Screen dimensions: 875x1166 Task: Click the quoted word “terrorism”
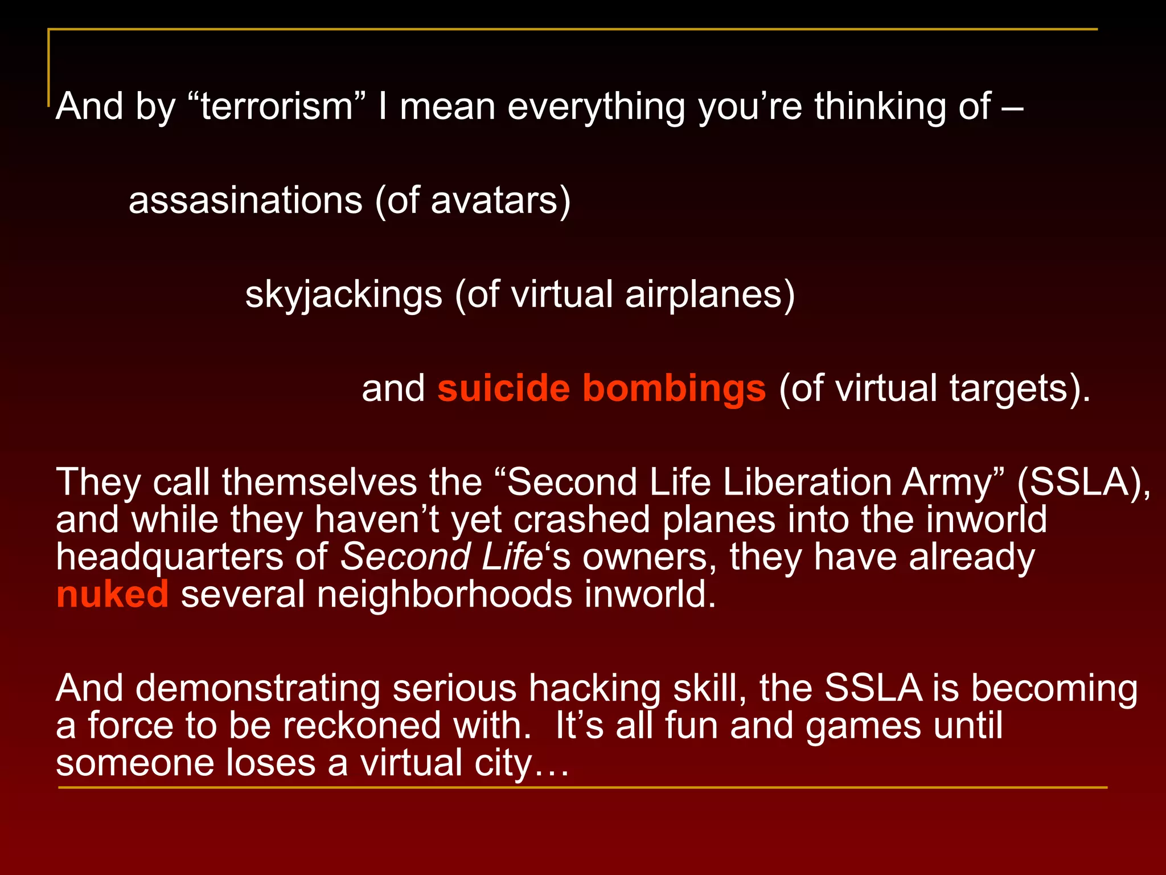click(277, 107)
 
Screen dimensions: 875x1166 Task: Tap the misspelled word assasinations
click(245, 201)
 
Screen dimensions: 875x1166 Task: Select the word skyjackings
click(344, 295)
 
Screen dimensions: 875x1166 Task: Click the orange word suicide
click(503, 389)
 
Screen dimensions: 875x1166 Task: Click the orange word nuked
click(113, 594)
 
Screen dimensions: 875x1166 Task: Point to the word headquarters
click(170, 557)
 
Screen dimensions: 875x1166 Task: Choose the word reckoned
click(362, 726)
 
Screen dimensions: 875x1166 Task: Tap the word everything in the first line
click(596, 107)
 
